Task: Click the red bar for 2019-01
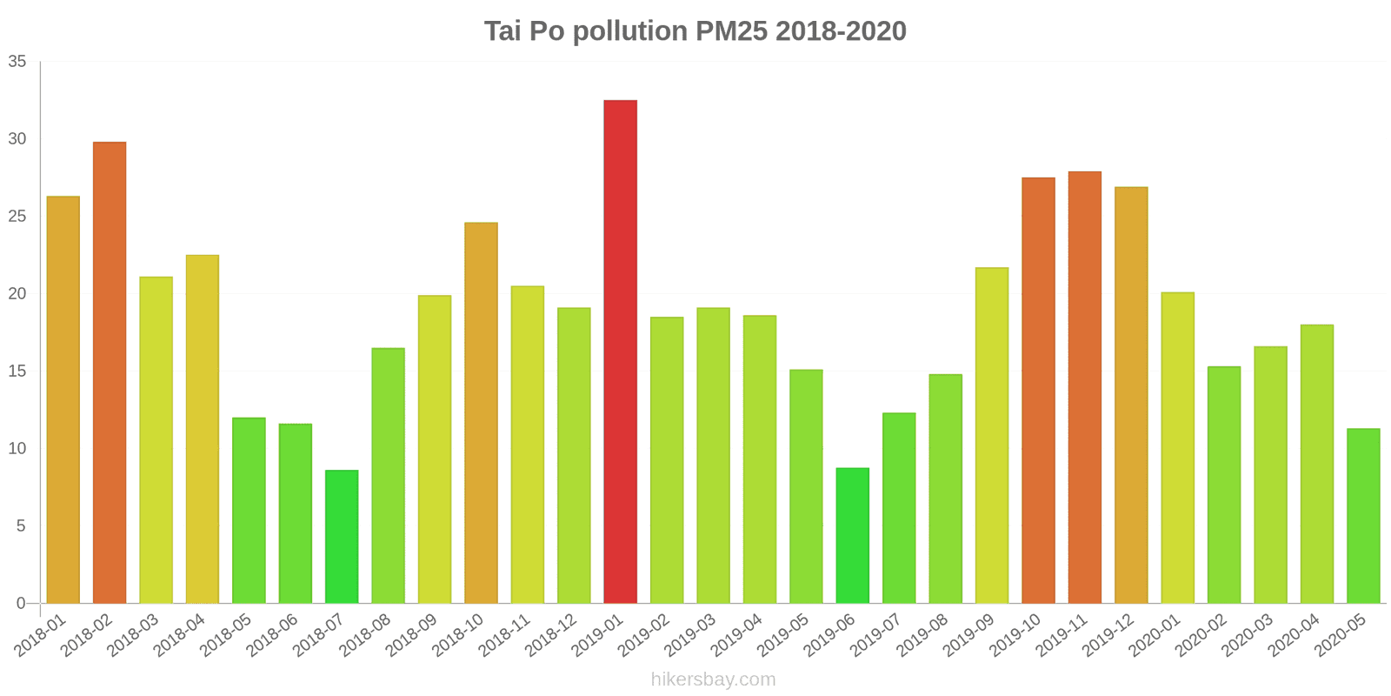coord(620,351)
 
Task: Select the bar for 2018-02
coord(110,372)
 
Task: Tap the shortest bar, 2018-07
coord(342,537)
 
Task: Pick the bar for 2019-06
coord(852,536)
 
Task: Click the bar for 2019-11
coord(1084,387)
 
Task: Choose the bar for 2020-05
coord(1363,516)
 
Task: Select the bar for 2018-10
coord(481,413)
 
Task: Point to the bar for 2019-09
coord(992,435)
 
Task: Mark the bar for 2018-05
coord(249,511)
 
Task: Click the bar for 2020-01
coord(1177,448)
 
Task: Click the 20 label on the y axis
coord(17,294)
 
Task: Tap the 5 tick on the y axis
coord(21,526)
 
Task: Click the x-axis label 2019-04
coord(736,636)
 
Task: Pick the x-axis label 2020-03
coord(1247,636)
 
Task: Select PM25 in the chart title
coord(731,31)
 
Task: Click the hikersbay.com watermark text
coord(713,679)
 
